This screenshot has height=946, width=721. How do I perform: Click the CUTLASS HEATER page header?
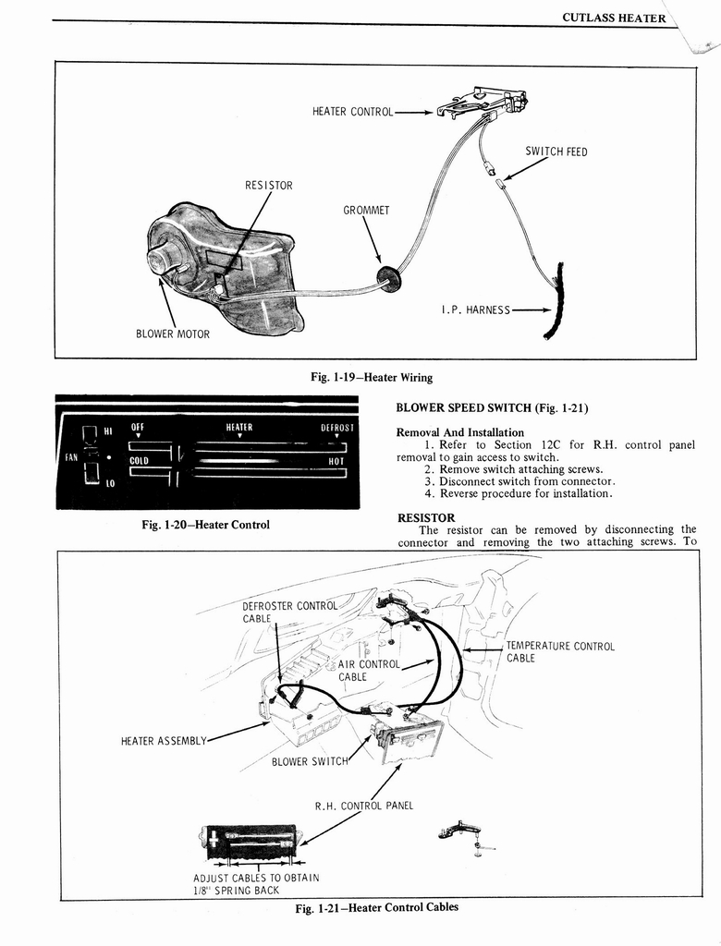[613, 17]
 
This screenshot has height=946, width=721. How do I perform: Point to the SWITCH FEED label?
[556, 152]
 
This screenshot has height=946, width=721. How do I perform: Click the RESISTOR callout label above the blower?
[268, 186]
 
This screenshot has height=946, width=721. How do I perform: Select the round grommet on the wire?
[389, 278]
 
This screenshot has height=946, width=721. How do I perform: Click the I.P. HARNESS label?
[475, 310]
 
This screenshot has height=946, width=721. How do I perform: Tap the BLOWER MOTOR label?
[173, 334]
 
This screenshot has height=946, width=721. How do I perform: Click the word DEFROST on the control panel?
[337, 428]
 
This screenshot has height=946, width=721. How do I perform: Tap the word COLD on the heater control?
[139, 460]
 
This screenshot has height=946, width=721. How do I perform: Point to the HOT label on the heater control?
[336, 460]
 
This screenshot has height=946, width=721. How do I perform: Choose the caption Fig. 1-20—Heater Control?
[205, 525]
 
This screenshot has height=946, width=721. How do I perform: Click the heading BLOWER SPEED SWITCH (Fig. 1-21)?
[492, 407]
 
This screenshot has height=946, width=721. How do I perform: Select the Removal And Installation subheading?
[459, 431]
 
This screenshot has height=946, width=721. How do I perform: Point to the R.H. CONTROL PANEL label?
[363, 806]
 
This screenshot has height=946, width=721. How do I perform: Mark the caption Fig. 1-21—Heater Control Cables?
[376, 907]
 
